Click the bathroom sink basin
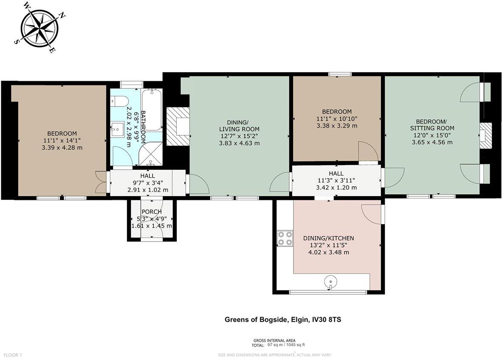[118, 129]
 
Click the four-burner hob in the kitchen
[285, 238]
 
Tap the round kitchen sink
[330, 281]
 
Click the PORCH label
[151, 211]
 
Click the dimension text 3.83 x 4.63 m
[239, 143]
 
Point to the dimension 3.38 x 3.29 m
[336, 126]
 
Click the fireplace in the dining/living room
[177, 127]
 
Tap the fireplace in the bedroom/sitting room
[485, 136]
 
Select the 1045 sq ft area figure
[296, 345]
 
